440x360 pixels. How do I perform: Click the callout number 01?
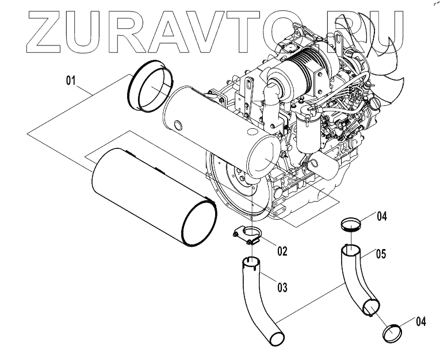70,81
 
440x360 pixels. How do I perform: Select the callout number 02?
282,251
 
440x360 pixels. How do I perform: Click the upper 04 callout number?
382,217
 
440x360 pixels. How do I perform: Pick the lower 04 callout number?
420,321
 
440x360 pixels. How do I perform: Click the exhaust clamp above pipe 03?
248,235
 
